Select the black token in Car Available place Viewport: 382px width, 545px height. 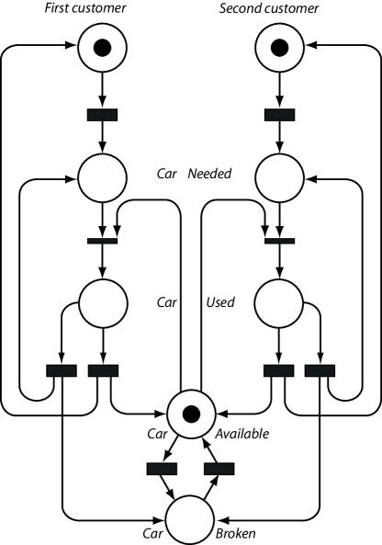click(191, 410)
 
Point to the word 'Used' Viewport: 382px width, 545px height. click(220, 301)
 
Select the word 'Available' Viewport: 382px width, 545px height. click(243, 433)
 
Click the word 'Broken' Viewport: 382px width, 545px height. click(236, 532)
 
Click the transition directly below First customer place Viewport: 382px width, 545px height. click(102, 115)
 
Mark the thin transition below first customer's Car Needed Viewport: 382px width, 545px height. click(102, 241)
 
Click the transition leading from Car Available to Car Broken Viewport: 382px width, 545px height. click(162, 469)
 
